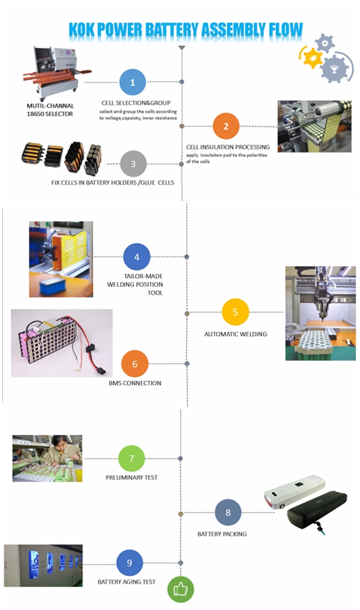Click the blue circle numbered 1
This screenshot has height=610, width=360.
point(132,82)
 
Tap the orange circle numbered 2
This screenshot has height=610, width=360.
point(226,126)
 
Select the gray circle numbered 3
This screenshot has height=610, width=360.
point(133,164)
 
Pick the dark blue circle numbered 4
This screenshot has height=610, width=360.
point(137,257)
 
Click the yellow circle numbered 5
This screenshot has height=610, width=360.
point(235,312)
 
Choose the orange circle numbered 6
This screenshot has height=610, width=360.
point(135,364)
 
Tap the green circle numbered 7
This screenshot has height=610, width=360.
point(131,459)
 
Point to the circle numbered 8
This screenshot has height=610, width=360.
point(228,513)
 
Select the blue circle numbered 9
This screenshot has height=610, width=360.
point(129,563)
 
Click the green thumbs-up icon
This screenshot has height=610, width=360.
point(181,589)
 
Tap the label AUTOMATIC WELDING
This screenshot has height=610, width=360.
point(236,333)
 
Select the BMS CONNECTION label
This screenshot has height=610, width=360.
point(135,384)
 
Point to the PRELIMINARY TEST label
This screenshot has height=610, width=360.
point(131,477)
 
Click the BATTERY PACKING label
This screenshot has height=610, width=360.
point(222,534)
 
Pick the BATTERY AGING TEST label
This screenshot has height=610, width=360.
point(126,582)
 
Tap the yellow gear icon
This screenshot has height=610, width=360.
point(312,57)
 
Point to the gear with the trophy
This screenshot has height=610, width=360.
point(334,69)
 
